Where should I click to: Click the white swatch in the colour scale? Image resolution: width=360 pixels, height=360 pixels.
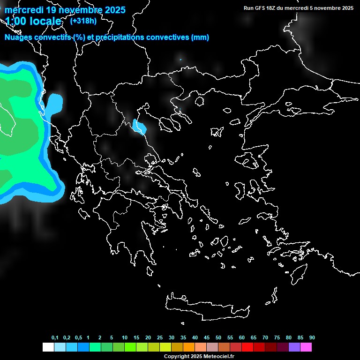(x=48, y=347)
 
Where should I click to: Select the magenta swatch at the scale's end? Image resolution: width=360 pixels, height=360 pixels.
(x=306, y=347)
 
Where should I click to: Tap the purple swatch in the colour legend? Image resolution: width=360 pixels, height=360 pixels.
(x=294, y=347)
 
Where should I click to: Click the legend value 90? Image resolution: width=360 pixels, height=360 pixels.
(x=312, y=337)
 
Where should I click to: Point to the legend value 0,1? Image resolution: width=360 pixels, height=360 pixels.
(x=55, y=337)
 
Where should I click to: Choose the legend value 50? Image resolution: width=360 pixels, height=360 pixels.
(x=218, y=337)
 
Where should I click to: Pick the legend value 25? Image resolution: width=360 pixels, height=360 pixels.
(x=160, y=337)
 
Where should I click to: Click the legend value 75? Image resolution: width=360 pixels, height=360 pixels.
(x=277, y=337)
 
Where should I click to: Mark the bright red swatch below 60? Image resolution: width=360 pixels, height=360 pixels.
(x=247, y=347)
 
